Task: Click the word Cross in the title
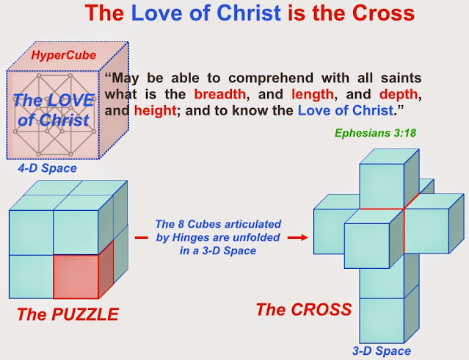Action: [x=383, y=13]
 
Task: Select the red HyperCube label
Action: [x=63, y=55]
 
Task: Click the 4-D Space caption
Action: [x=47, y=168]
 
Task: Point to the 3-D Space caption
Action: [x=382, y=350]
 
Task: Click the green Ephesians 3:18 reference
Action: [x=375, y=133]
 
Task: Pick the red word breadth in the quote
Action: [x=220, y=94]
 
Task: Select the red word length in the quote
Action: [x=313, y=94]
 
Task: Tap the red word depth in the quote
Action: [x=399, y=94]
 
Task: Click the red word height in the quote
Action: [x=156, y=110]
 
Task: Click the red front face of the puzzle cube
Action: [x=76, y=277]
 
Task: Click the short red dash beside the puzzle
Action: [x=141, y=238]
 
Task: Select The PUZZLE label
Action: [x=68, y=314]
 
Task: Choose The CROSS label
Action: [x=304, y=309]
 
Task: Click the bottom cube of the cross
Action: [x=382, y=320]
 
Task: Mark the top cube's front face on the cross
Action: [x=382, y=186]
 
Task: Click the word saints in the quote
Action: [x=401, y=78]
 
